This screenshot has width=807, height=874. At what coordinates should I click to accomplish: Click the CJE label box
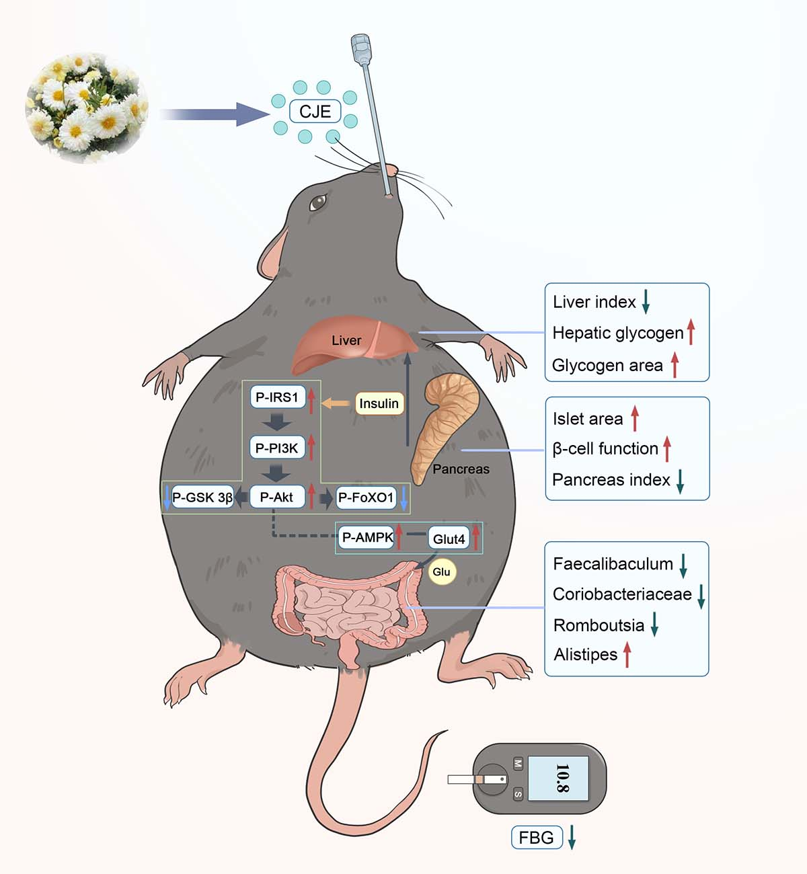(315, 111)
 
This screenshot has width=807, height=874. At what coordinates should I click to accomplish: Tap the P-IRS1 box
(277, 397)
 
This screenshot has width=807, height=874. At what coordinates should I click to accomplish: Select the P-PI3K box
(277, 448)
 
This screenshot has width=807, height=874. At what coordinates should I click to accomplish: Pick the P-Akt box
(277, 498)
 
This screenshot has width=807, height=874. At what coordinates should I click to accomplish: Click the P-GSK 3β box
(202, 498)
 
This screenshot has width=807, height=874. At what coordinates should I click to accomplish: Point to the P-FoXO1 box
(365, 498)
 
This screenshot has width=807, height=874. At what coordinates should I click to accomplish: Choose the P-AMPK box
(367, 537)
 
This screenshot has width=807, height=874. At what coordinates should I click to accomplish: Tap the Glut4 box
(449, 539)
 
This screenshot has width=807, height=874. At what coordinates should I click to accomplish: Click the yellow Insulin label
(379, 403)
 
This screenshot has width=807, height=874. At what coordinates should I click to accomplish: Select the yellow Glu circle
(441, 572)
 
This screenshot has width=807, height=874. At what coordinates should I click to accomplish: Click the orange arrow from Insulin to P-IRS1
(336, 403)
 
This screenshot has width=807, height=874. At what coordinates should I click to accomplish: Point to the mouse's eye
(318, 201)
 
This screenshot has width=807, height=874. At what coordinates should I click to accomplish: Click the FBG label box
(536, 838)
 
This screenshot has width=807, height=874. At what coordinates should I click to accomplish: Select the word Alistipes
(585, 654)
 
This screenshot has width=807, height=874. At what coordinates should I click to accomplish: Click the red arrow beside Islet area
(634, 418)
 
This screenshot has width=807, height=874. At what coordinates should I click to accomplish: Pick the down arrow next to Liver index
(646, 302)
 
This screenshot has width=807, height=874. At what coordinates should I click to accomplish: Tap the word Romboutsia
(599, 625)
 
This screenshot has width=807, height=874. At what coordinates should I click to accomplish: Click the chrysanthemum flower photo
(87, 108)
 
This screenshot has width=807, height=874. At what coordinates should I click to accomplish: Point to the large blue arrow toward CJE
(215, 114)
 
